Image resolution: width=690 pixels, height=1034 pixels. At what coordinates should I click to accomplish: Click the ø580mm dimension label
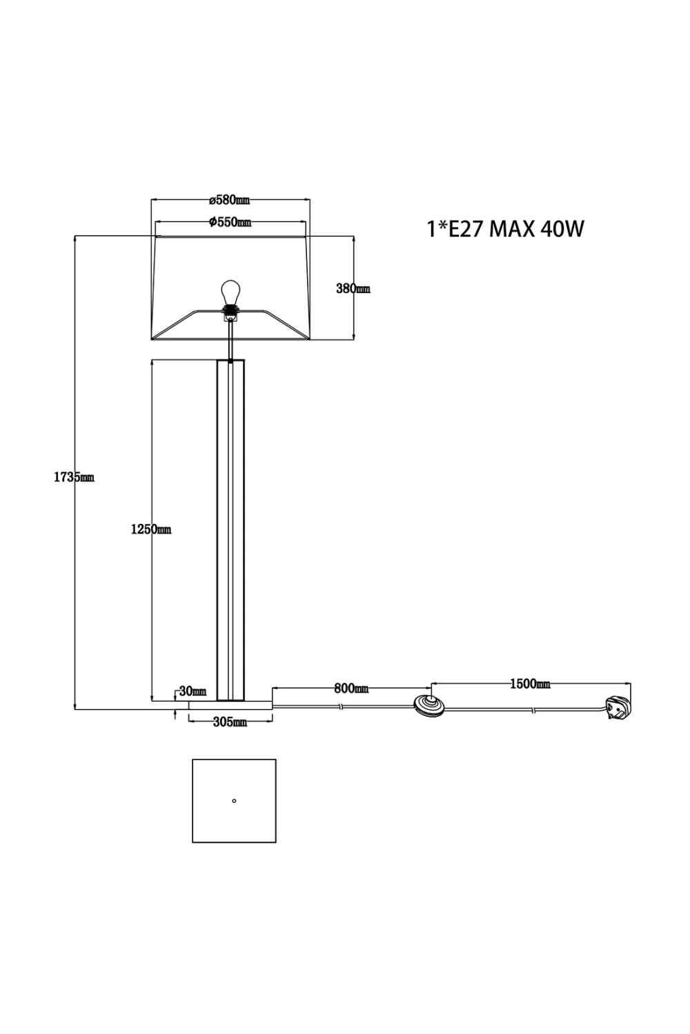pyautogui.click(x=229, y=201)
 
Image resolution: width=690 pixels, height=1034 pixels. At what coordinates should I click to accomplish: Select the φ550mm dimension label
pyautogui.click(x=230, y=222)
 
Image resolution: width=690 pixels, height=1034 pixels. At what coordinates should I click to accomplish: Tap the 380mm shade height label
pyautogui.click(x=353, y=289)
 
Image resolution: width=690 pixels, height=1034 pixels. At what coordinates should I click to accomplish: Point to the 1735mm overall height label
pyautogui.click(x=74, y=477)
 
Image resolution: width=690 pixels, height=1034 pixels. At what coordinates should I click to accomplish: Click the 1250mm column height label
pyautogui.click(x=150, y=529)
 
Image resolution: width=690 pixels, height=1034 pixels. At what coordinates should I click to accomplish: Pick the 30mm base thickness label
pyautogui.click(x=193, y=691)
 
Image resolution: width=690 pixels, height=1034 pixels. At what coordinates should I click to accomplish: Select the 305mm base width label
pyautogui.click(x=230, y=722)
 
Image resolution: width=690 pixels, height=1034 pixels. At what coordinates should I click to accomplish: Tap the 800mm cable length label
pyautogui.click(x=351, y=688)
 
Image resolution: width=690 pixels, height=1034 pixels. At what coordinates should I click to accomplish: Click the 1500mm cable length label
pyautogui.click(x=530, y=684)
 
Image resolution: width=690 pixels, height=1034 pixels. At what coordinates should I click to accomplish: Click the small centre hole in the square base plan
pyautogui.click(x=234, y=800)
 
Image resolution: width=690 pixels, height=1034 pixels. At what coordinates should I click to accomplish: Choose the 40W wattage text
pyautogui.click(x=562, y=229)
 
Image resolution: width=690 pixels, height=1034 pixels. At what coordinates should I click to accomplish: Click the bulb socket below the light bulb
pyautogui.click(x=230, y=312)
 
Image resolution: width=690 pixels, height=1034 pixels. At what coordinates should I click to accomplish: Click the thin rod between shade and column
pyautogui.click(x=230, y=341)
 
